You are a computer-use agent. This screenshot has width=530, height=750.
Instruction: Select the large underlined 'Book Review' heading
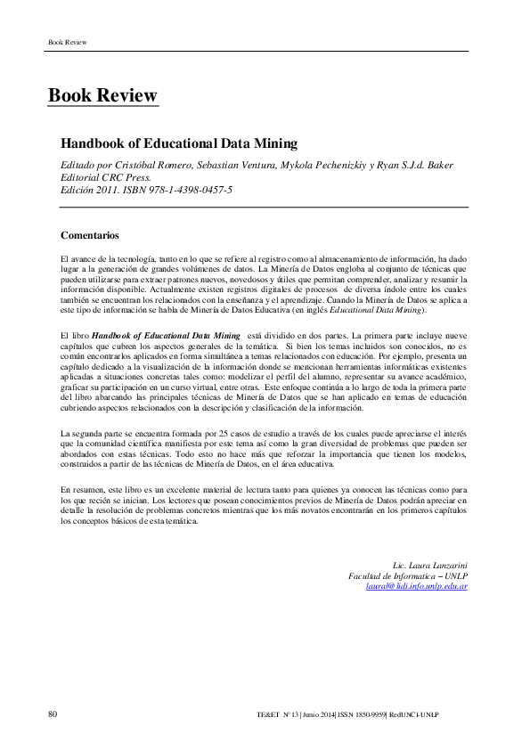(102, 95)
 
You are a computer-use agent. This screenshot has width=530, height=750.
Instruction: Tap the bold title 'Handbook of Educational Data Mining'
(178, 143)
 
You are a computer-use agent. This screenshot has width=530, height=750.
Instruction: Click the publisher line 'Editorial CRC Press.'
(102, 176)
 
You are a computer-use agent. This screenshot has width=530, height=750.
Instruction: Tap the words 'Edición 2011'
(86, 190)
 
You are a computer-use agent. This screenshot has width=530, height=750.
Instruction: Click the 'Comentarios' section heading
(89, 235)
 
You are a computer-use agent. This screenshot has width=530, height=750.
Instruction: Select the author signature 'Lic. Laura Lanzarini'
(430, 566)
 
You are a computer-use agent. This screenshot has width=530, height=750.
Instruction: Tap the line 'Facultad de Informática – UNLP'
(408, 576)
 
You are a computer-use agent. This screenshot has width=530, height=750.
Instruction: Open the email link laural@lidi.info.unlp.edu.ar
(417, 587)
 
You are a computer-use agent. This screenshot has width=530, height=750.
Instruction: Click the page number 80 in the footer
(53, 714)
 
